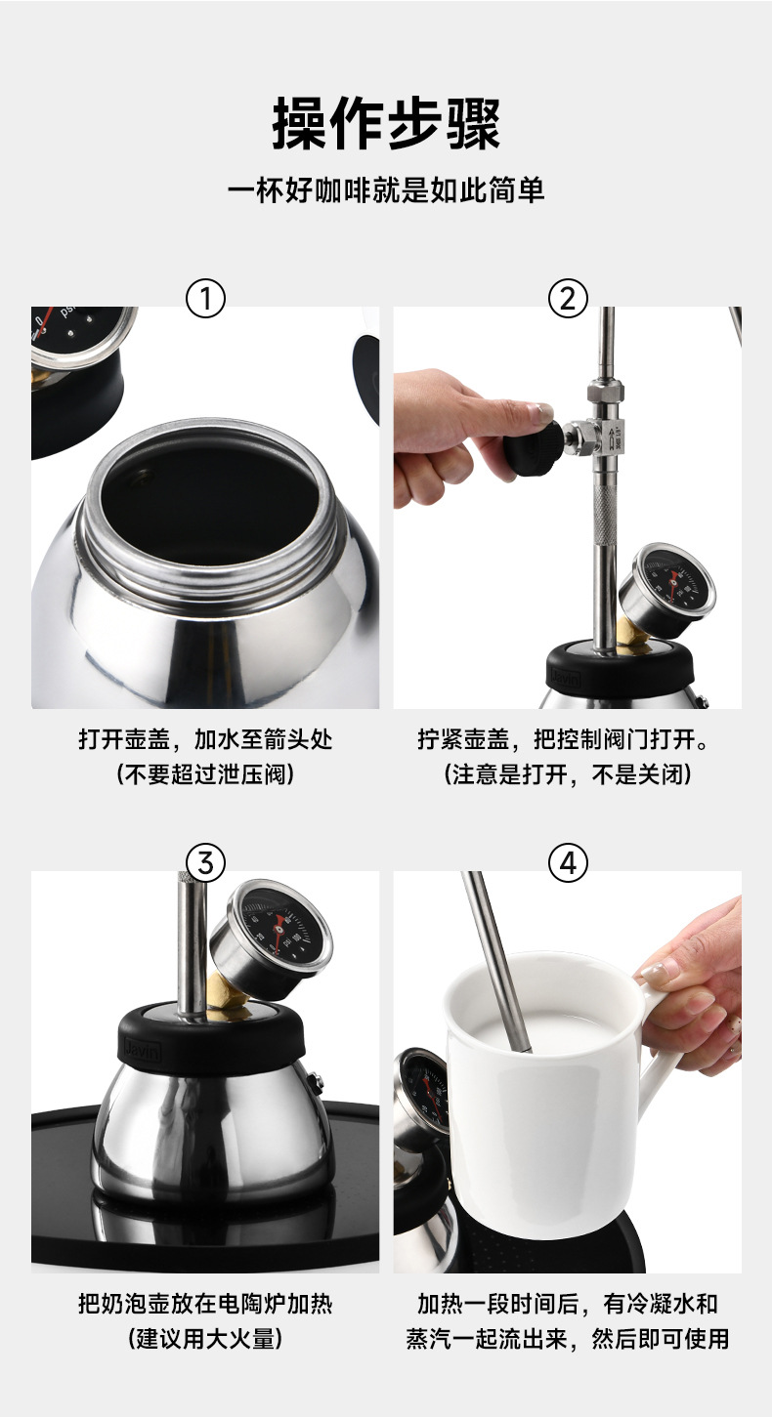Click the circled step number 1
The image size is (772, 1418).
click(205, 299)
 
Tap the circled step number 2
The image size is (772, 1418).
click(568, 299)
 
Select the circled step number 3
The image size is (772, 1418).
click(205, 863)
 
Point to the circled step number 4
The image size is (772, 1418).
click(568, 863)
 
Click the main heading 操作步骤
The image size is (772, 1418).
click(386, 123)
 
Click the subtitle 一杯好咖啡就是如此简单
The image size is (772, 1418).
click(386, 189)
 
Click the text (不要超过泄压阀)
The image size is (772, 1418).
click(205, 773)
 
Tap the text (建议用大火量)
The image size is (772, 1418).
click(205, 1338)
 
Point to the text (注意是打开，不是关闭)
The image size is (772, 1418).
click(568, 773)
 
